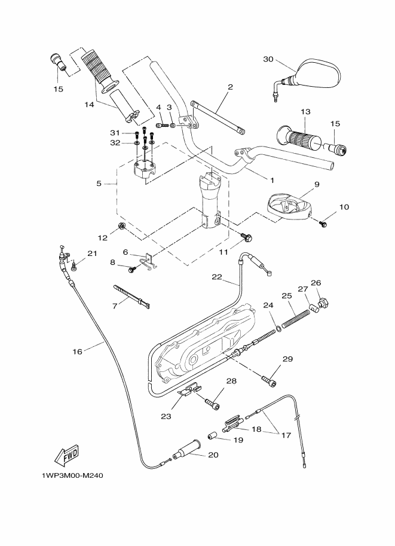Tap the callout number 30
(267, 59)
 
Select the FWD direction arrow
(68, 456)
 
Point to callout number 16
(77, 352)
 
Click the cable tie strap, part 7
(130, 295)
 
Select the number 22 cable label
(217, 277)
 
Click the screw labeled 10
(324, 223)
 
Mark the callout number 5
(99, 184)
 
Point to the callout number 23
(166, 416)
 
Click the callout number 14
(89, 104)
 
